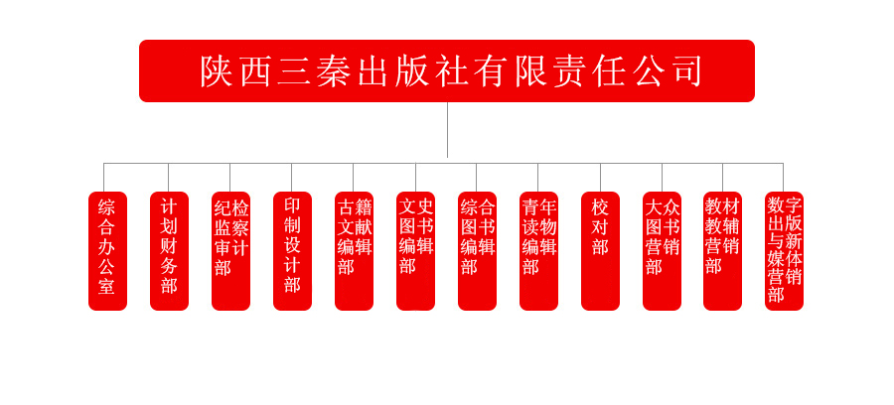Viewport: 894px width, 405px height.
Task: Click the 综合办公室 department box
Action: tap(107, 251)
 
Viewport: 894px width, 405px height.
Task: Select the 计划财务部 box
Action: tap(169, 251)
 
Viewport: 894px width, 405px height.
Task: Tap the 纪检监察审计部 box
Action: tap(230, 251)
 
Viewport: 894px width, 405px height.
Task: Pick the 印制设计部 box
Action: tap(292, 251)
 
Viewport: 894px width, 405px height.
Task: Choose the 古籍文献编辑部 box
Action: tap(354, 251)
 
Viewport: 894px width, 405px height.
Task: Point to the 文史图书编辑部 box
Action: tap(415, 251)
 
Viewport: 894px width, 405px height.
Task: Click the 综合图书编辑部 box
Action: tap(477, 251)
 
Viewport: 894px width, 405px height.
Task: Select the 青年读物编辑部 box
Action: tap(538, 251)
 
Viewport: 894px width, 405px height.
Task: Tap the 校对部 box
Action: tap(600, 251)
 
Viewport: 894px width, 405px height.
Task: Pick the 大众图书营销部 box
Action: tap(662, 251)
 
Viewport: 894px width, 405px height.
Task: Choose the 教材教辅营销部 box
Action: tap(722, 251)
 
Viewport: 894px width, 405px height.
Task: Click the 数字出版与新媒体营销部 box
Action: tap(784, 251)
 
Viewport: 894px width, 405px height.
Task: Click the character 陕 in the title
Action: tap(217, 71)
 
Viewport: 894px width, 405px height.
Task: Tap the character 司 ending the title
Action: tap(684, 71)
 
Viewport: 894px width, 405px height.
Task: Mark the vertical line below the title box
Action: tap(448, 130)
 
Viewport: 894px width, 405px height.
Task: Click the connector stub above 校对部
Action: tap(600, 177)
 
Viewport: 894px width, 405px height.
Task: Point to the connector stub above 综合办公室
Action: tap(103, 177)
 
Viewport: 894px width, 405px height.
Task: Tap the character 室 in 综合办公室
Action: tap(106, 285)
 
